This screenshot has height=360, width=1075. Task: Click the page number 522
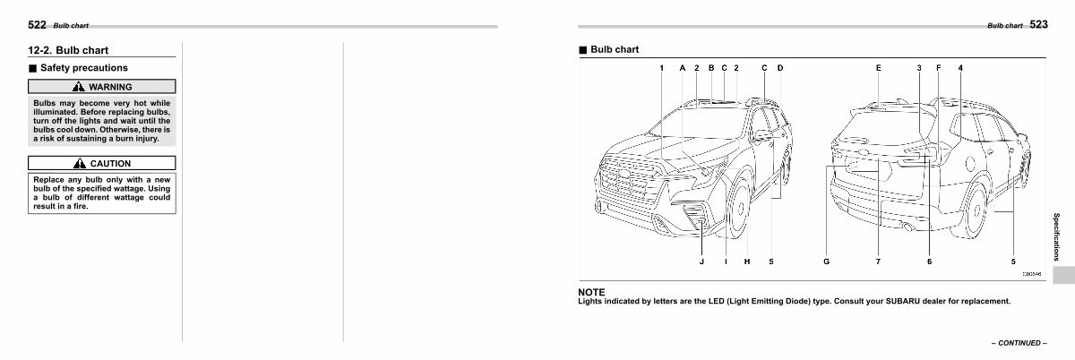coord(37,25)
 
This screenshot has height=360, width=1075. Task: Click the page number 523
coord(1038,24)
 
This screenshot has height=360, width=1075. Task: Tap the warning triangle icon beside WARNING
coord(79,87)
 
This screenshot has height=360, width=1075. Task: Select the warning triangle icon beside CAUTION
coord(80,164)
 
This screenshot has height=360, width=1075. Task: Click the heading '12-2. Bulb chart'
coord(68,50)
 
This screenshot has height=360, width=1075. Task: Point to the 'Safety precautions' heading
coord(84,68)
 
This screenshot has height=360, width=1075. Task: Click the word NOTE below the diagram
coord(591,292)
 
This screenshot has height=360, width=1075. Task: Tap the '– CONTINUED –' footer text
coord(1019,343)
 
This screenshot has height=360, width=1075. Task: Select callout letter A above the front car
coord(683,68)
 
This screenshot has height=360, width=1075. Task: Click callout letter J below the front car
coord(701,261)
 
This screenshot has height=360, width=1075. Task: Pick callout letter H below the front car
coord(747,261)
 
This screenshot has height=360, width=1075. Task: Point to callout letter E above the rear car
coord(879,68)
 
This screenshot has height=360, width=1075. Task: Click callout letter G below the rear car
coord(826,261)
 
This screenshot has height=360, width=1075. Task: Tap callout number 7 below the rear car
coord(878,261)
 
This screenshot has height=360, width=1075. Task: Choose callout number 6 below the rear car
coord(930,261)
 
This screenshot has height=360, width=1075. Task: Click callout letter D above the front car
coord(780,68)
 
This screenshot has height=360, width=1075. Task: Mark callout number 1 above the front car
coord(661,68)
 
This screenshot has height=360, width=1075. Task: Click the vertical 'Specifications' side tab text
coord(1056,236)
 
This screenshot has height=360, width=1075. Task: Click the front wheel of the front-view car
coord(737,210)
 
